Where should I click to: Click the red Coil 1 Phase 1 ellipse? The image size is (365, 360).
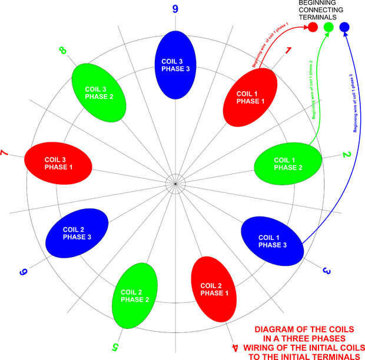[250, 98]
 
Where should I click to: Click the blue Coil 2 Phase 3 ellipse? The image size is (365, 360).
[77, 233]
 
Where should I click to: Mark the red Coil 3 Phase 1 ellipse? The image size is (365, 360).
[58, 163]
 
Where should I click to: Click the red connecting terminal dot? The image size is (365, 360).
[313, 27]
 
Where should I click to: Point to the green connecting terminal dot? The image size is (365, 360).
[328, 27]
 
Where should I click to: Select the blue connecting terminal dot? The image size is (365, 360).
[344, 27]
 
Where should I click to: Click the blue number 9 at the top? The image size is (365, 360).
[175, 9]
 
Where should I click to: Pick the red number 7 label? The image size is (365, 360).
[5, 154]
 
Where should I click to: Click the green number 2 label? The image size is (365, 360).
[347, 155]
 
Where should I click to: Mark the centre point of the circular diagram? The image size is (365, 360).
[175, 184]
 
